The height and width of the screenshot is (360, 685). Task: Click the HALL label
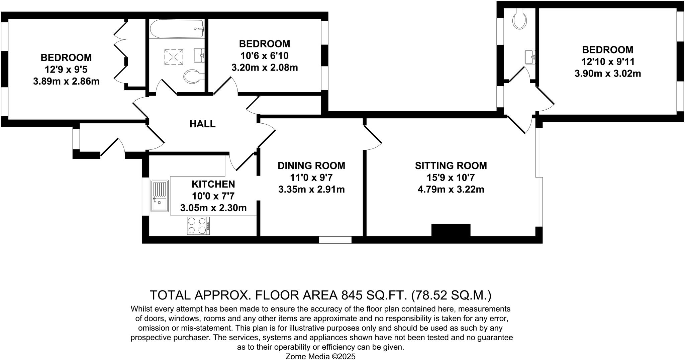[202, 124]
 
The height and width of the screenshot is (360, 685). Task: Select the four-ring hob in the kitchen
[198, 226]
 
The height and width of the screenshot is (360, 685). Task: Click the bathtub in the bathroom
[176, 29]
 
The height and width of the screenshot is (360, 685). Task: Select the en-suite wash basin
[530, 57]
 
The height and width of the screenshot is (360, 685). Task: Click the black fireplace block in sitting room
[451, 231]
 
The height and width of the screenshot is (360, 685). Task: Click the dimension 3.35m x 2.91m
[311, 190]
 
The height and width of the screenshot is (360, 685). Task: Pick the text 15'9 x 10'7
[451, 177]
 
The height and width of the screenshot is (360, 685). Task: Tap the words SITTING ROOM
[451, 165]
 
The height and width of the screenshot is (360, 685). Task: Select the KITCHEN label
[213, 184]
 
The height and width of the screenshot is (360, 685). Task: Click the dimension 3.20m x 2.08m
[264, 68]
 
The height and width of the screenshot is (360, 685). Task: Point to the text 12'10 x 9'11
[607, 62]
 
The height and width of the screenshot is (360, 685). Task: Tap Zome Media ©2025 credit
[320, 356]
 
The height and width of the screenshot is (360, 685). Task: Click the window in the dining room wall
[335, 240]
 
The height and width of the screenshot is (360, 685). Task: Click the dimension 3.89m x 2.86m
[66, 82]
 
